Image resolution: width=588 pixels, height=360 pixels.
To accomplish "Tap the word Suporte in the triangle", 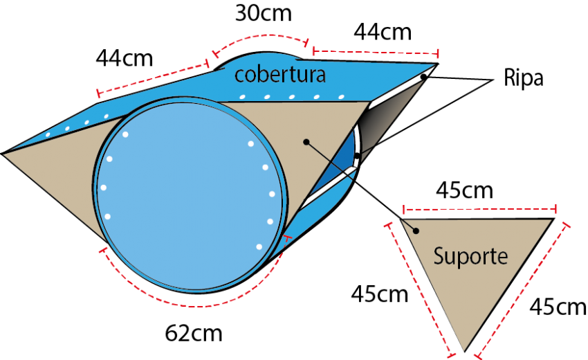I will [470, 256].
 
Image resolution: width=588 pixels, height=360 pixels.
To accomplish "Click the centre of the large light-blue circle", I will [191, 193].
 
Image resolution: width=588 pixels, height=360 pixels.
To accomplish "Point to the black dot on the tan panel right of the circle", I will [305, 141].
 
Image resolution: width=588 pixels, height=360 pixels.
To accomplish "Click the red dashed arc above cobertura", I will [260, 38].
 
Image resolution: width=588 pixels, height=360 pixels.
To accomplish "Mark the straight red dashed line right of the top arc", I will [375, 51].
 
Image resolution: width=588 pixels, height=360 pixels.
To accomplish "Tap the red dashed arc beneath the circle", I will [194, 303].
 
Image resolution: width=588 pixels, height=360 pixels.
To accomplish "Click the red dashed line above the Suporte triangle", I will [480, 208].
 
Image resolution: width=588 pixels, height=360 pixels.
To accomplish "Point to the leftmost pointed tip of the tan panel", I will [6, 154].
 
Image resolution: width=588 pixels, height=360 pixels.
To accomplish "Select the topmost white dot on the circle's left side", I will [125, 134].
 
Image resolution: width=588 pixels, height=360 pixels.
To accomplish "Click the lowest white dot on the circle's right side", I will [259, 246].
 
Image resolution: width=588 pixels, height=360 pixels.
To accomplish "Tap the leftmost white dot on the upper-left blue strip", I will [48, 134].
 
